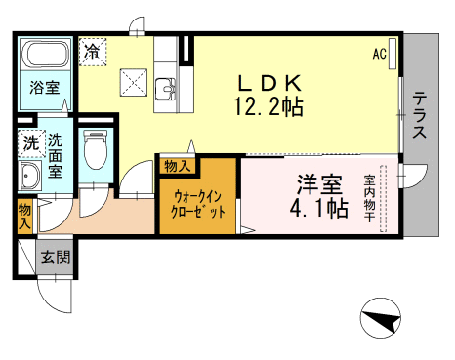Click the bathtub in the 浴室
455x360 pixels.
coord(46,55)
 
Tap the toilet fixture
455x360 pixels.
coord(95,149)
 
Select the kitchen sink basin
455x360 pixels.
coord(165,89)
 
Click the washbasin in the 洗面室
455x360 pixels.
coord(30,175)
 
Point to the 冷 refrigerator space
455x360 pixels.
coord(93,52)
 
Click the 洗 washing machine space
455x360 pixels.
coord(31,143)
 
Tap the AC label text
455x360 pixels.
coord(379,54)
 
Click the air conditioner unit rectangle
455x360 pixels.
coord(393,54)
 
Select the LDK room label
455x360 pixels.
coord(269,83)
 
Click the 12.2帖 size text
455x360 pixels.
coord(269,106)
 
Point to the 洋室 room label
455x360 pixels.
coord(319,184)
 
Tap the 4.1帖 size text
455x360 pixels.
coord(319,208)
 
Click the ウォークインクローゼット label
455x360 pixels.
coord(198,204)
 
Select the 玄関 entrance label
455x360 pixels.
coord(56,258)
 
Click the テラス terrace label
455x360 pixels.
coord(420,115)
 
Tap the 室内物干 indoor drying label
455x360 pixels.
coord(370,198)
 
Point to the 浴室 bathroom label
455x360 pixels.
coord(45,87)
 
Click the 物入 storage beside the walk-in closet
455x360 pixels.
coord(178,166)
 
